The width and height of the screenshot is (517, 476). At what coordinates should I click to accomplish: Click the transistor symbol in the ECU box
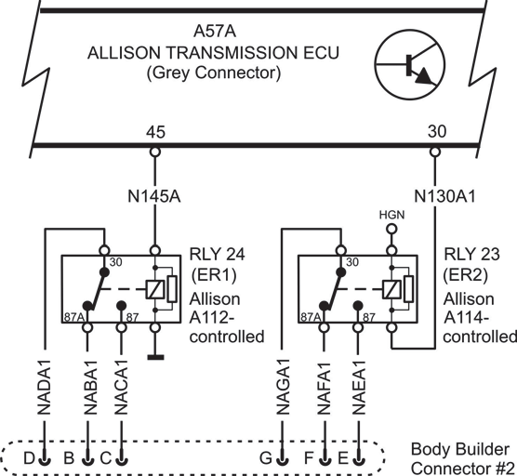(409, 64)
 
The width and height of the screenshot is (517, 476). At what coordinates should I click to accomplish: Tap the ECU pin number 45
(155, 132)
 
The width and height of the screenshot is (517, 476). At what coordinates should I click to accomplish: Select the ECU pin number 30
(437, 131)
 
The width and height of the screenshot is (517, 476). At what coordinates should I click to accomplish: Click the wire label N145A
(154, 197)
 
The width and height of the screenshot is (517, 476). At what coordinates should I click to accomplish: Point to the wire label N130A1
(444, 197)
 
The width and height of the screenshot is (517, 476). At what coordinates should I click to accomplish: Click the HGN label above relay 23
(391, 215)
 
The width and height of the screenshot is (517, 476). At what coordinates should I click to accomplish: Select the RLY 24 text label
(217, 254)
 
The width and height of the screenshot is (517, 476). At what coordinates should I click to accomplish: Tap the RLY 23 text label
(471, 254)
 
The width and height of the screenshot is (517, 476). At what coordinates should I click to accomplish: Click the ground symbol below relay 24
(155, 357)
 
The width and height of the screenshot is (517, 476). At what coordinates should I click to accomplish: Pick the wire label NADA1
(45, 388)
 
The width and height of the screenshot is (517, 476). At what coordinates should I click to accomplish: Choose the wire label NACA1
(121, 388)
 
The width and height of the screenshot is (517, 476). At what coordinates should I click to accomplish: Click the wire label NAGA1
(283, 388)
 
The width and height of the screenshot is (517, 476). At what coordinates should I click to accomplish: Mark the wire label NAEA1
(359, 388)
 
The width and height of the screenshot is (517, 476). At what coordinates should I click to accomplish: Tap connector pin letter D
(29, 458)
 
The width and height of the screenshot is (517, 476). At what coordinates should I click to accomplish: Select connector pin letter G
(266, 458)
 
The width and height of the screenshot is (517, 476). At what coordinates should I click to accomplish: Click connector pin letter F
(309, 458)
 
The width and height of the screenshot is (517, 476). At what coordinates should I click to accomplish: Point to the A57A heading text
(215, 32)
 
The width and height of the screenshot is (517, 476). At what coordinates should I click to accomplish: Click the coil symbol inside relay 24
(155, 289)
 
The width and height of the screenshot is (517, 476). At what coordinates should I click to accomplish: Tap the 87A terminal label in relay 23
(311, 317)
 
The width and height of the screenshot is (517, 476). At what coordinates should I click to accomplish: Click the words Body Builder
(460, 450)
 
